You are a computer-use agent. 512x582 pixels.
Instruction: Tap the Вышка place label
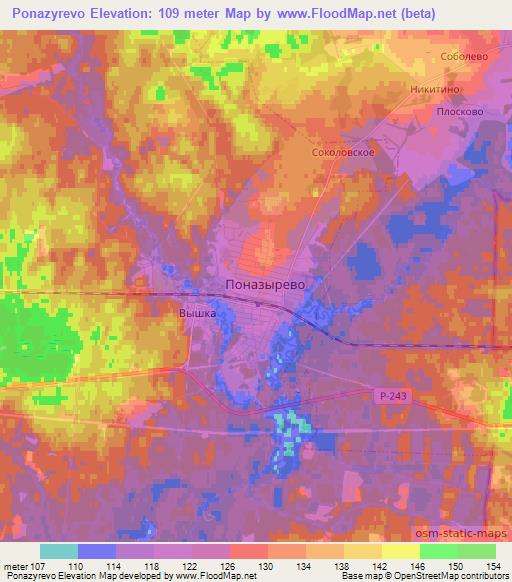(198, 313)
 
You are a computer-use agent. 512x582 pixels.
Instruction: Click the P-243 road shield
(395, 397)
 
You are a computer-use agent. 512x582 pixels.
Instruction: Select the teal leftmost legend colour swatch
(59, 551)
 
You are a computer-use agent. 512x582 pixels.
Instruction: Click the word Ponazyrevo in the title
(46, 13)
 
